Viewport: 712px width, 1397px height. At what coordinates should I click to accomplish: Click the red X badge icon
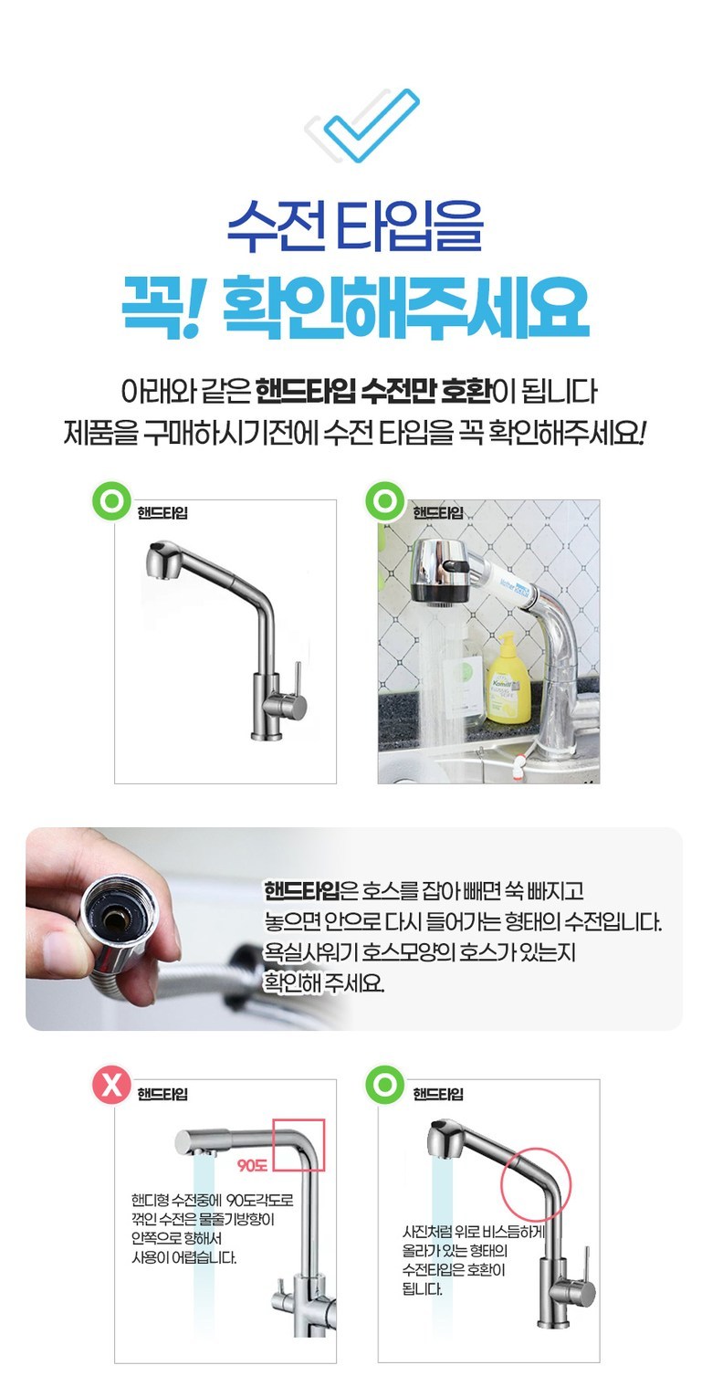point(111,1085)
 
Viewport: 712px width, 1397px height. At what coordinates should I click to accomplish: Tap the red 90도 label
point(253,1164)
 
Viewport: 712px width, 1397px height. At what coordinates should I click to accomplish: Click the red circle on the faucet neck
point(536,1183)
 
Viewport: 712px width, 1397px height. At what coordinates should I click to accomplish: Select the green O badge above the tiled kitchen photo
point(384,500)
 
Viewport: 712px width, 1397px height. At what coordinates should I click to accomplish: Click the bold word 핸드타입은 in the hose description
point(303,890)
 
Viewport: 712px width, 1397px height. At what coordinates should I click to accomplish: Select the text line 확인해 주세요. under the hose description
point(324,982)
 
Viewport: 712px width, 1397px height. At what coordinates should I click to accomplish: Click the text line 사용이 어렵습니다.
point(183,1256)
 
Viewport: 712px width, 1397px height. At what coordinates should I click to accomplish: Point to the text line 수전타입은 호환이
point(453,1269)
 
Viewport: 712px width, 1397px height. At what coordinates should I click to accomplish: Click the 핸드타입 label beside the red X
point(162,1094)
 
